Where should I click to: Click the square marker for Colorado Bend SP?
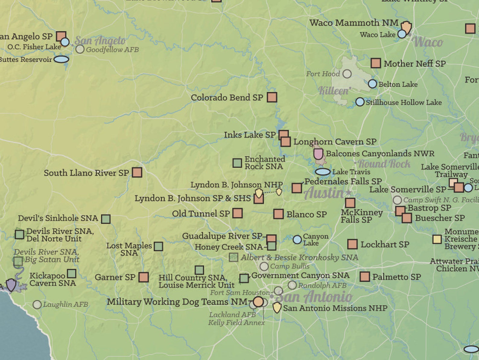click(x=272, y=97)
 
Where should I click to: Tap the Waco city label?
click(x=427, y=42)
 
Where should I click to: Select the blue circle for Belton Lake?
click(x=373, y=84)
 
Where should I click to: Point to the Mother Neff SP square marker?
click(x=376, y=63)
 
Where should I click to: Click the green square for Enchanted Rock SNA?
click(x=237, y=163)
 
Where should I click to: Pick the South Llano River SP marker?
click(x=137, y=172)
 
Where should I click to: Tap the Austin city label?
click(x=324, y=193)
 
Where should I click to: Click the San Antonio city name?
click(x=314, y=297)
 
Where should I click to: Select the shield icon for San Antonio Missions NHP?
click(x=277, y=308)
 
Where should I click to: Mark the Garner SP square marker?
click(x=144, y=277)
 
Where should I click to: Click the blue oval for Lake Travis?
click(x=323, y=172)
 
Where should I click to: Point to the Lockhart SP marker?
click(x=352, y=244)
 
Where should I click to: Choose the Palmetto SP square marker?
click(x=365, y=276)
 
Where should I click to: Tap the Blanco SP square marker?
click(x=278, y=214)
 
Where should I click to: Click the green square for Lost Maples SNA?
click(x=158, y=247)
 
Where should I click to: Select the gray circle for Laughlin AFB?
click(x=37, y=304)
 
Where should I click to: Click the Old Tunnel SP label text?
click(x=201, y=214)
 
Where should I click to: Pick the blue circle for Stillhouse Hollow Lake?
click(x=360, y=102)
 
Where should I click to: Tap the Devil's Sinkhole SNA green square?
click(x=106, y=219)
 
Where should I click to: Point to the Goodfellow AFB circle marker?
click(x=80, y=49)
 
